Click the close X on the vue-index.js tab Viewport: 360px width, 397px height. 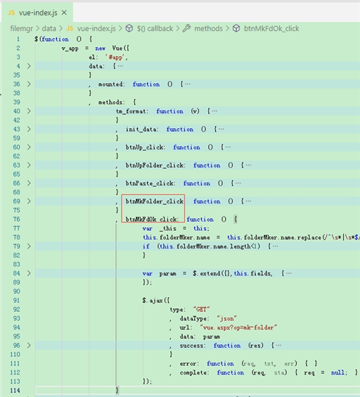click(x=64, y=13)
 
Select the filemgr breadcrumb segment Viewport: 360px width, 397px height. click(x=22, y=29)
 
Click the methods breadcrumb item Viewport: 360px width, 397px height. click(x=208, y=29)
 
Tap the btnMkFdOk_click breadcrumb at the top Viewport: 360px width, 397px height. click(x=271, y=29)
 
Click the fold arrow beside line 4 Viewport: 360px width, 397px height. click(x=29, y=66)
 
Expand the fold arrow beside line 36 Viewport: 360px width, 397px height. click(x=29, y=84)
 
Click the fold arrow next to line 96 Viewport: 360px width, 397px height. click(x=29, y=346)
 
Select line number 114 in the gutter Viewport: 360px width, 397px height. click(x=15, y=391)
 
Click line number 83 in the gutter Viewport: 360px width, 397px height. click(x=16, y=265)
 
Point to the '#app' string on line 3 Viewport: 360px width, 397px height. click(x=115, y=58)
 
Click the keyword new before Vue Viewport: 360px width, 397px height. click(x=100, y=49)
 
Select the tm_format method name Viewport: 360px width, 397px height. click(x=131, y=111)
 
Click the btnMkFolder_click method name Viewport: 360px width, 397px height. click(x=155, y=201)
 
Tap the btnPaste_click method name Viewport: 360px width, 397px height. click(x=150, y=183)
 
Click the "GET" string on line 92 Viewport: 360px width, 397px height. click(x=201, y=310)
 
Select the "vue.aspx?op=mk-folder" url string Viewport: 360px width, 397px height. click(x=238, y=327)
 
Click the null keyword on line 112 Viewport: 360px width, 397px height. click(x=337, y=372)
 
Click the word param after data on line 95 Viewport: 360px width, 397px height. click(x=211, y=336)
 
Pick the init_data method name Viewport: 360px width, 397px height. click(x=141, y=130)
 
